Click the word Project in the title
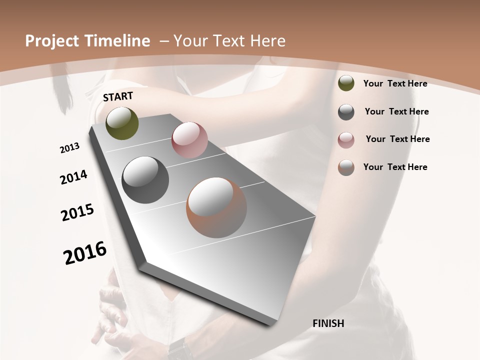tap(51, 41)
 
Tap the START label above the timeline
tap(118, 96)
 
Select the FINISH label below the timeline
tap(328, 323)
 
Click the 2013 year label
tap(69, 148)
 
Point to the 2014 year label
tap(74, 177)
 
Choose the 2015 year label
tap(77, 212)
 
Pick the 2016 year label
tap(85, 253)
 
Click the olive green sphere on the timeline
tap(122, 123)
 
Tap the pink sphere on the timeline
tap(189, 140)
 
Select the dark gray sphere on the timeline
tap(145, 179)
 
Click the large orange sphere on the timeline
tap(216, 207)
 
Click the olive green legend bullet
tap(346, 83)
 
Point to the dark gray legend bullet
tap(346, 112)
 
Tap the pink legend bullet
tap(346, 139)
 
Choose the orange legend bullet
tap(346, 167)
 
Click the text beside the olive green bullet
tap(395, 83)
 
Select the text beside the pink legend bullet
tap(397, 139)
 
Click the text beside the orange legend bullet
tap(395, 167)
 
